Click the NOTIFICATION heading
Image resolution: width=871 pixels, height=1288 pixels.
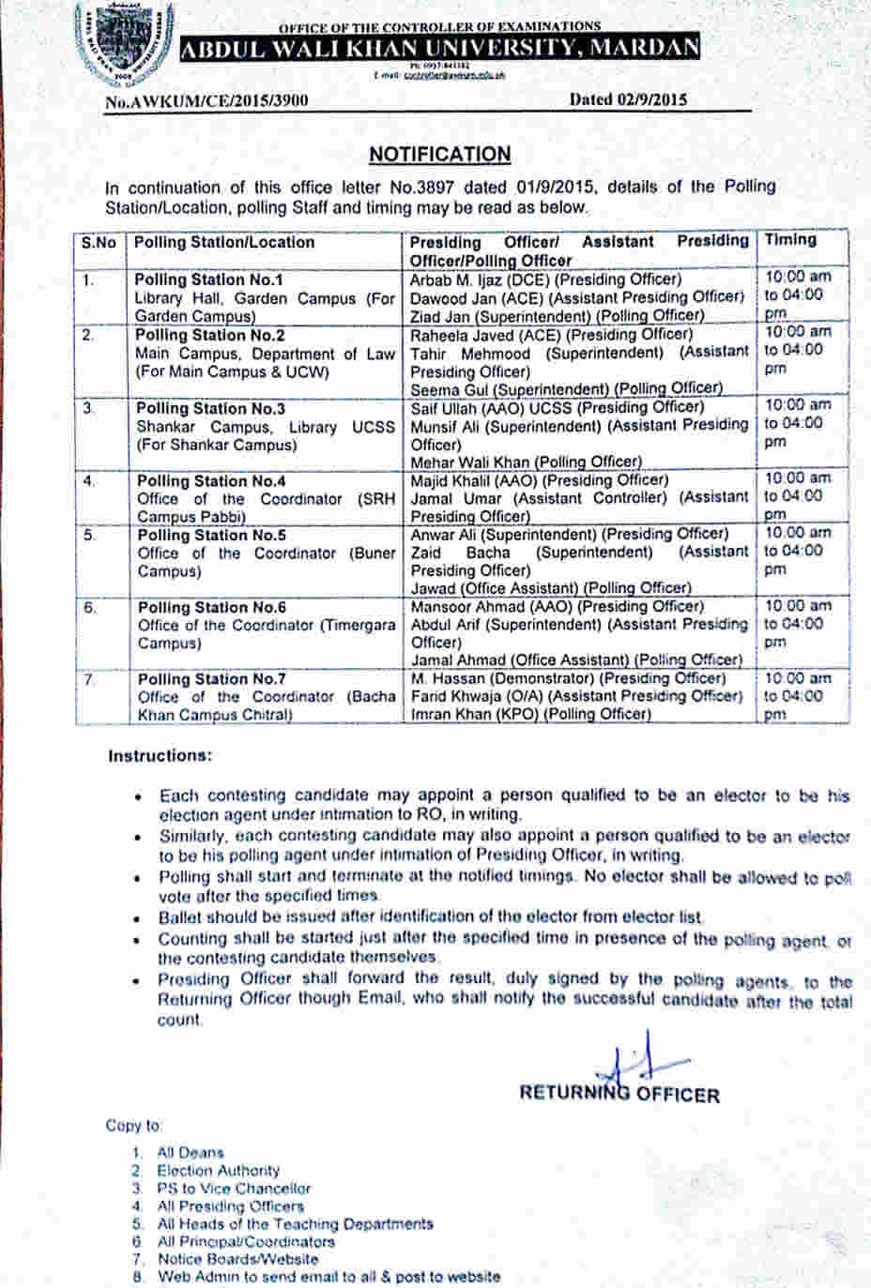(440, 154)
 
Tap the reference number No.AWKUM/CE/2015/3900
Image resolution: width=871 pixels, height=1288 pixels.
(206, 99)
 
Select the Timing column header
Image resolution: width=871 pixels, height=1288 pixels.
(790, 240)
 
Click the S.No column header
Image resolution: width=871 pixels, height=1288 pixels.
(99, 242)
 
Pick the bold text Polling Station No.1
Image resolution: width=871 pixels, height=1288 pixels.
(208, 280)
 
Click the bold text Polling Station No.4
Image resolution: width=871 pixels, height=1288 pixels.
(211, 480)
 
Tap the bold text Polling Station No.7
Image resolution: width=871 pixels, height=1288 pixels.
(212, 678)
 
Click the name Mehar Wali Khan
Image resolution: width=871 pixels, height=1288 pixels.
(468, 461)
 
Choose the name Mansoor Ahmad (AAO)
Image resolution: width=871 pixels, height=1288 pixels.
(477, 606)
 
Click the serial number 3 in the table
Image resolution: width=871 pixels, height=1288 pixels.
(89, 408)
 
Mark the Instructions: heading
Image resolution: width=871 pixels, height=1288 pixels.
(160, 755)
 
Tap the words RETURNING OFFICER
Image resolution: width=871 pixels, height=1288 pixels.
(619, 1094)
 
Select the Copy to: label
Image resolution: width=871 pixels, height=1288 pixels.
(133, 1125)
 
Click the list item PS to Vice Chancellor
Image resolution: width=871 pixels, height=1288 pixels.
(234, 1188)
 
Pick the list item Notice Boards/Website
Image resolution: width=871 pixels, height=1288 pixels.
(237, 1259)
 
